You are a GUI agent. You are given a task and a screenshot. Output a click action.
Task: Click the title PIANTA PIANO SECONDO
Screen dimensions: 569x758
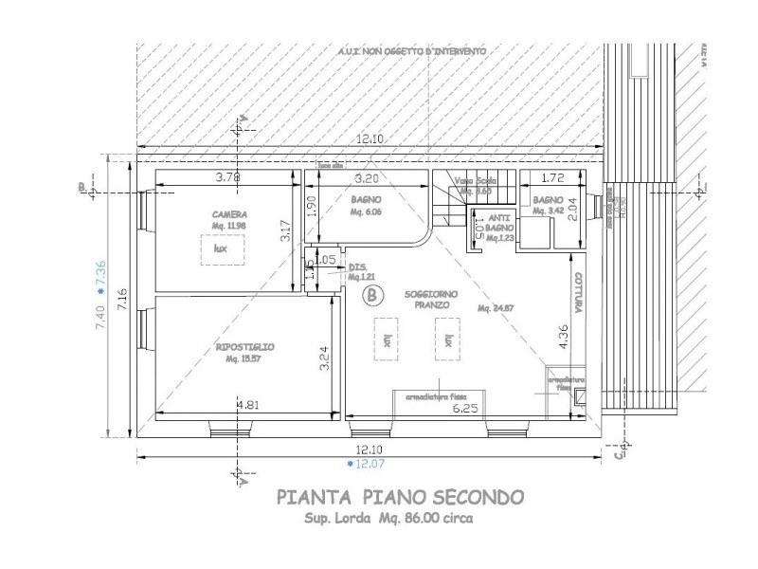click(396, 496)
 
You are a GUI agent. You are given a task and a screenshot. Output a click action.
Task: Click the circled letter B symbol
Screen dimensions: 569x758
click(372, 297)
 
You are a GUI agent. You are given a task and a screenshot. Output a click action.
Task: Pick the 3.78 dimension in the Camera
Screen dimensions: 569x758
click(228, 177)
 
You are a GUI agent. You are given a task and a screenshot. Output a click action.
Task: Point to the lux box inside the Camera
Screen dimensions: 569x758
click(222, 248)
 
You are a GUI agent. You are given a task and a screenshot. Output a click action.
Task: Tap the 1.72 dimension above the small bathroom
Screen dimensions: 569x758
click(554, 178)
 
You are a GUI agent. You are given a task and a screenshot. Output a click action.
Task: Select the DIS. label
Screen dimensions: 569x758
click(358, 266)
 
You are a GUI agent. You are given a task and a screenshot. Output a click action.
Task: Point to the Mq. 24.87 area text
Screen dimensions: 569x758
click(496, 309)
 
